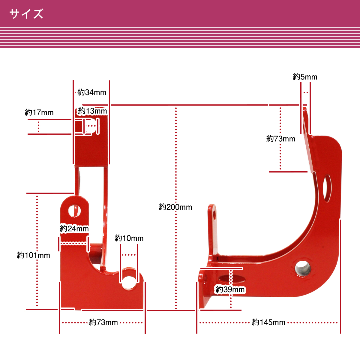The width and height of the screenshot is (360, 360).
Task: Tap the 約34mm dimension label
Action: point(92,92)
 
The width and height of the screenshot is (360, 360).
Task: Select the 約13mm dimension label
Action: point(92,111)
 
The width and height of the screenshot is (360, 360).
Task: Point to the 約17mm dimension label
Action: point(39,113)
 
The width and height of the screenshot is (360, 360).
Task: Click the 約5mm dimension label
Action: point(305,77)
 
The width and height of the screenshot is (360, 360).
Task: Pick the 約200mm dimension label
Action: point(175,207)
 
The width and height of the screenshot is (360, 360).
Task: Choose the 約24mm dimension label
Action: point(74,229)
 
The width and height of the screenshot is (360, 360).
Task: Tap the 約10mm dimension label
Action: point(129,238)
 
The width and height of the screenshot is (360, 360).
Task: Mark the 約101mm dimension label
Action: point(33,255)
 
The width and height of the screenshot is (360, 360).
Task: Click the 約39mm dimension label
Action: point(230,289)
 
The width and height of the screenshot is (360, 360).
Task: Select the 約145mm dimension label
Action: point(268,322)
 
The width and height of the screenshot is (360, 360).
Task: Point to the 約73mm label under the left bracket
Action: point(103,322)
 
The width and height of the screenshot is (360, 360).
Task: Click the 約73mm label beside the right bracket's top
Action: point(280,139)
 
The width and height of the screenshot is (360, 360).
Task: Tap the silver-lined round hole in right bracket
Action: point(302,268)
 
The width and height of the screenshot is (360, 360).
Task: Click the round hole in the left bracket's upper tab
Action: point(74,211)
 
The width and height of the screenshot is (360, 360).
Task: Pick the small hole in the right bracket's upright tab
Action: point(214,215)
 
